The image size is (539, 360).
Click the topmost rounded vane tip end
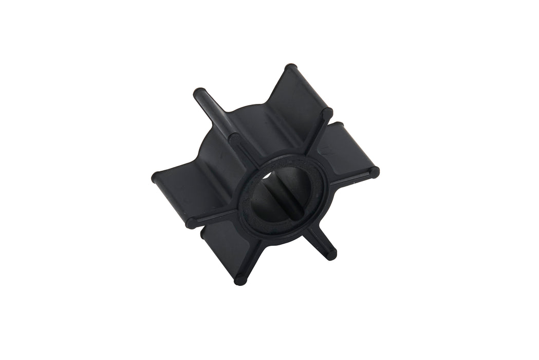291,68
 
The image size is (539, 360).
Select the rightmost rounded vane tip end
374,172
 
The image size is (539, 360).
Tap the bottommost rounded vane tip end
240,280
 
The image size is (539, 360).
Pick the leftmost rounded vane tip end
156,178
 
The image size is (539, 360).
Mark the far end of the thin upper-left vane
198,94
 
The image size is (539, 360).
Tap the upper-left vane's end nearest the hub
234,138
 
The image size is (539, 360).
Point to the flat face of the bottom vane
226,247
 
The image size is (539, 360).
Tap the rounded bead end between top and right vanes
327,112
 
